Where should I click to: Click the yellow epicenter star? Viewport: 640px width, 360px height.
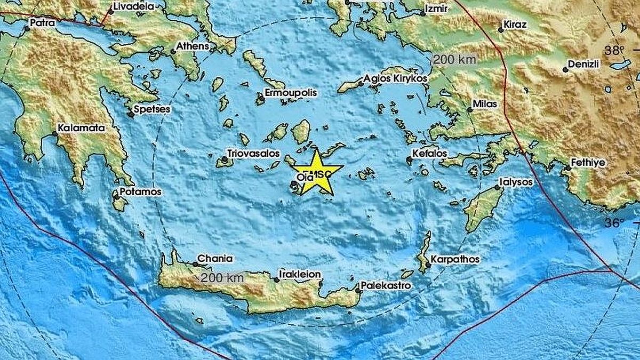[x=317, y=173]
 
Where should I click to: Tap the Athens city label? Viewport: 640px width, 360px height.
[x=193, y=46]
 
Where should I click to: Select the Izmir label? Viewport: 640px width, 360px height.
[x=436, y=9]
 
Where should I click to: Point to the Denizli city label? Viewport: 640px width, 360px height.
[x=585, y=64]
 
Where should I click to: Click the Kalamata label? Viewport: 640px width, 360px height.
[x=82, y=128]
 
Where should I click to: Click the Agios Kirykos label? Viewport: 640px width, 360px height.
[x=396, y=78]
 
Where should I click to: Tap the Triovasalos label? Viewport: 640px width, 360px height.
[x=253, y=153]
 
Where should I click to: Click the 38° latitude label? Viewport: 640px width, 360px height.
[x=614, y=51]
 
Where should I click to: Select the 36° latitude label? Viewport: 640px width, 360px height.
[x=614, y=223]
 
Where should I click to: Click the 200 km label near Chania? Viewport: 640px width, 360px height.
[x=223, y=277]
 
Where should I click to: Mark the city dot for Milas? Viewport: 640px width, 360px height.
[x=469, y=110]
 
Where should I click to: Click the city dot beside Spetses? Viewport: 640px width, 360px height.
[x=130, y=114]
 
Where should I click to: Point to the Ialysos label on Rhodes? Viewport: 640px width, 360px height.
[x=516, y=182]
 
